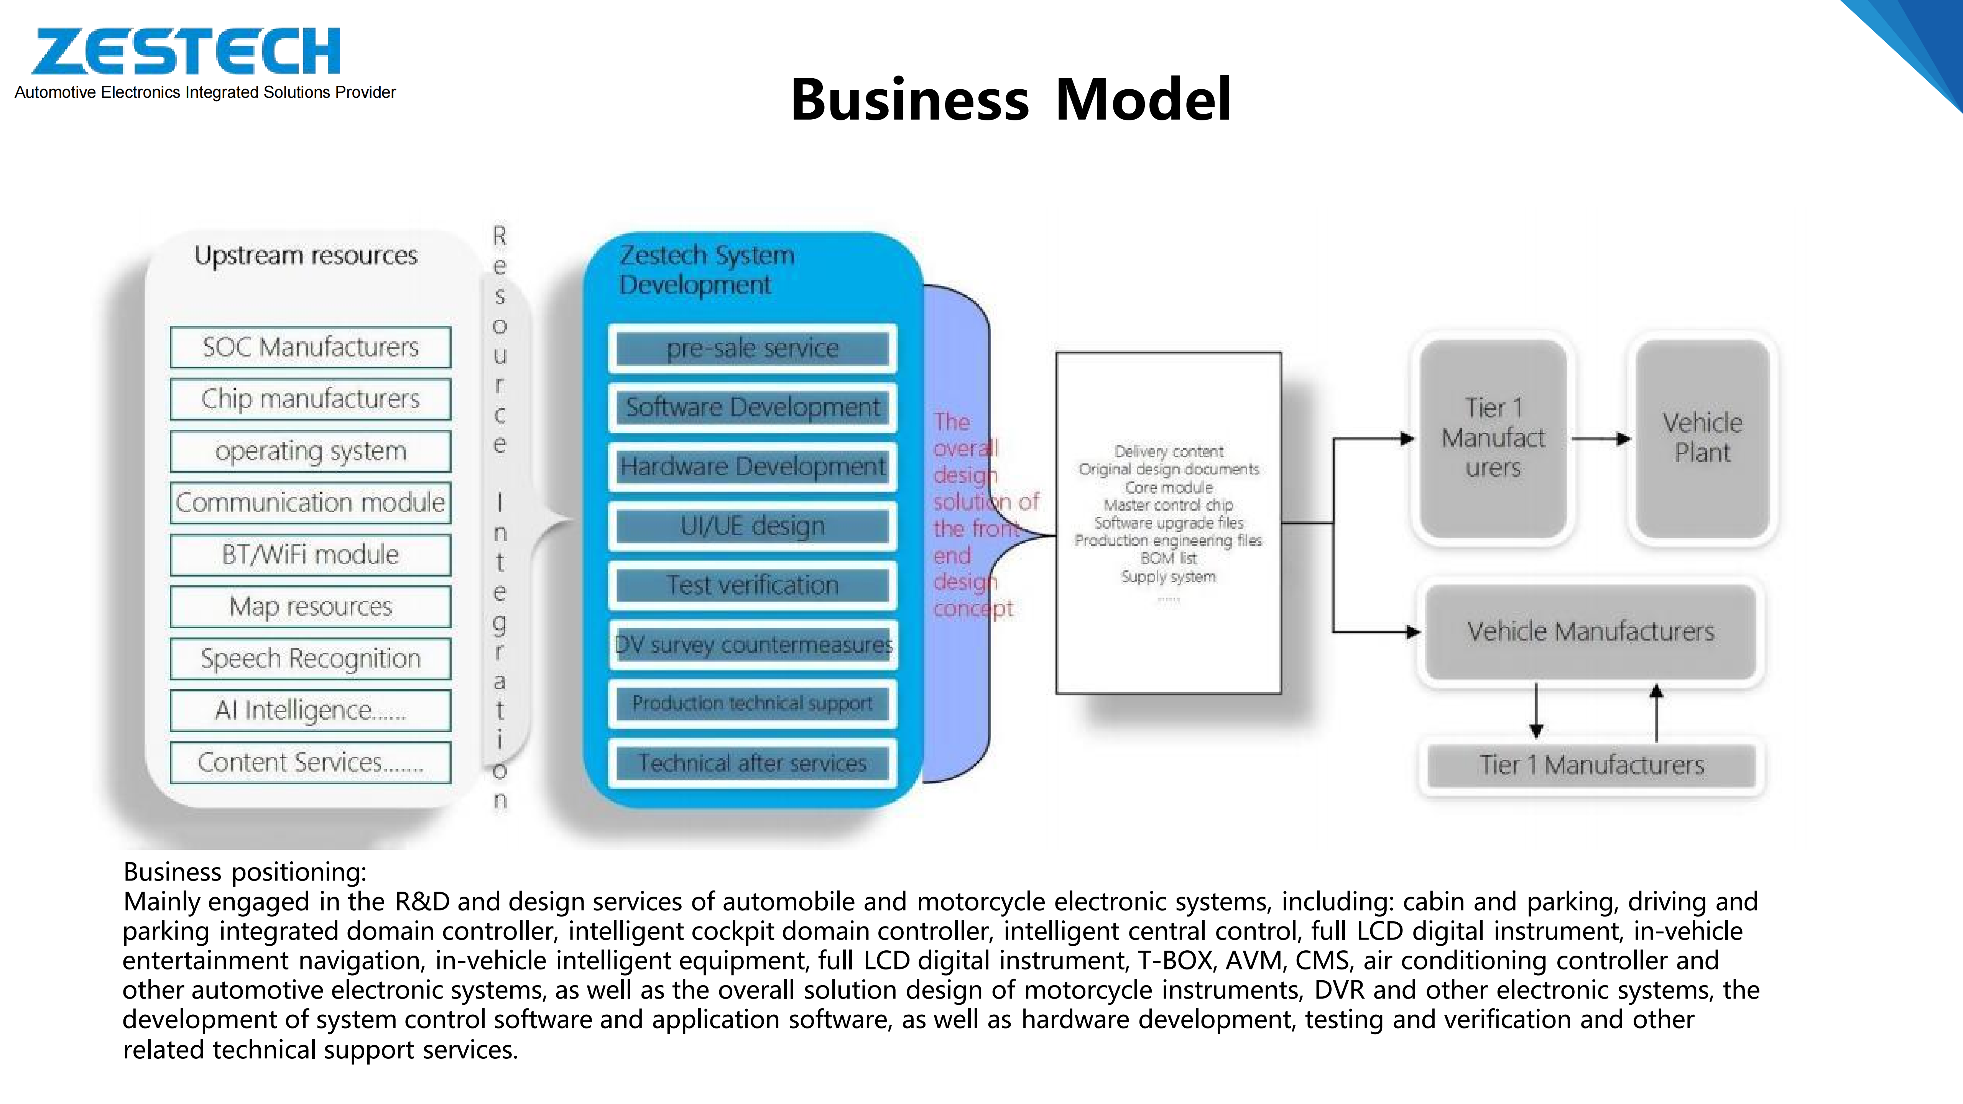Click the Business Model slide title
click(x=1011, y=100)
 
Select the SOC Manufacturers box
click(x=310, y=347)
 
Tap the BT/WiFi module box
click(x=310, y=555)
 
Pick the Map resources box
click(x=310, y=606)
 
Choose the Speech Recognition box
click(x=310, y=658)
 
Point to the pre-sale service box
click(x=752, y=348)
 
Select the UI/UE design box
click(x=752, y=526)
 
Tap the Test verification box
click(x=752, y=585)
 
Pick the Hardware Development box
click(x=752, y=466)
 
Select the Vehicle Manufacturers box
click(x=1590, y=632)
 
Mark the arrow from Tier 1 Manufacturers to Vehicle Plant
click(x=1600, y=439)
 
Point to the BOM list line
click(x=1168, y=559)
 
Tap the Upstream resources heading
click(x=306, y=255)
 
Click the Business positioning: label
click(x=245, y=872)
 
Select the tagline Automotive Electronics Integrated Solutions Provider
click(x=205, y=92)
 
